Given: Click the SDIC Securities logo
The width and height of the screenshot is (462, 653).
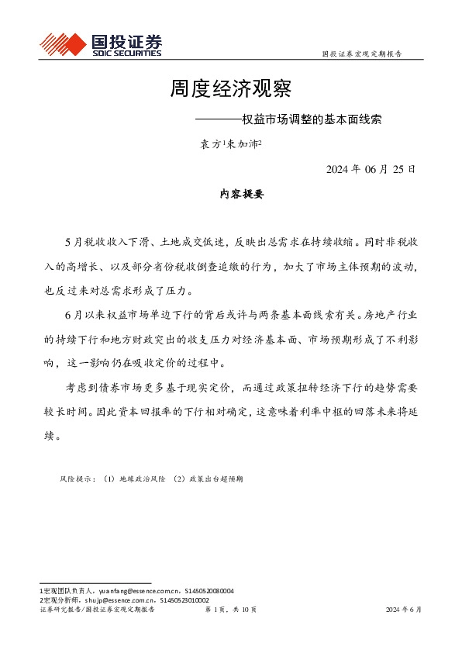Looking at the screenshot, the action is [100, 45].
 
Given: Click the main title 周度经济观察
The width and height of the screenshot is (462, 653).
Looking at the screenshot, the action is [230, 88].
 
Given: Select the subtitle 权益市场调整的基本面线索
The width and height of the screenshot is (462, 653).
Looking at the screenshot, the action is [313, 121].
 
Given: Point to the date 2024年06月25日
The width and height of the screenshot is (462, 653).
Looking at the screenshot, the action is [371, 169].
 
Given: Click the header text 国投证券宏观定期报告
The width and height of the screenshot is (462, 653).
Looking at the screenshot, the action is [361, 54].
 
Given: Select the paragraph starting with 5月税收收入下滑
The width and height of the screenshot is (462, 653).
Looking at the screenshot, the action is [230, 266].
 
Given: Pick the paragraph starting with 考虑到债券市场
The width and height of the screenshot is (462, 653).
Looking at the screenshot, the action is [230, 413].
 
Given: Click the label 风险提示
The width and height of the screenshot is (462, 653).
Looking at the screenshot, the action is [76, 479].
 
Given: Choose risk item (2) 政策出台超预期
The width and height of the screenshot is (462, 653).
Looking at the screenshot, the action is [209, 479].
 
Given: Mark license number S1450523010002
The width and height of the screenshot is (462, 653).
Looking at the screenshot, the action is [184, 600].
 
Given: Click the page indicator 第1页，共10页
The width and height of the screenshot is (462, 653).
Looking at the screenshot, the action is [230, 610].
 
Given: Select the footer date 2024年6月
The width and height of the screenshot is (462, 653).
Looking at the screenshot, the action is [404, 610].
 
